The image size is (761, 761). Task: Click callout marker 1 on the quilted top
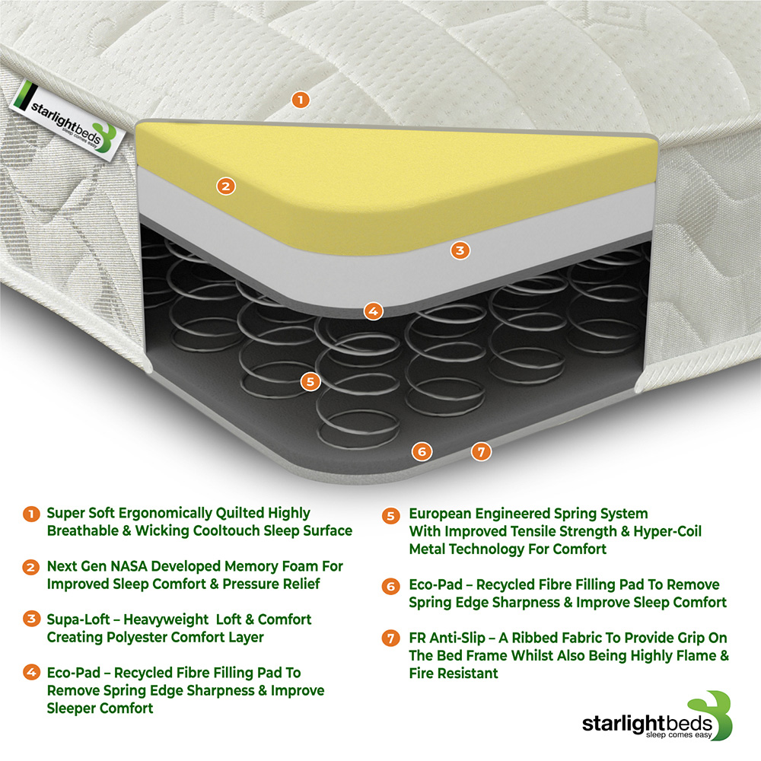[301, 100]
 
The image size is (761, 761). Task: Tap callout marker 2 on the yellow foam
[224, 185]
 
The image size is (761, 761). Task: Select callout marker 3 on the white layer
[459, 249]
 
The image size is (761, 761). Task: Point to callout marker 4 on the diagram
[372, 310]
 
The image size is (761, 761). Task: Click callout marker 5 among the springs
[309, 381]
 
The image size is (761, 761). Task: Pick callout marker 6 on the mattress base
[422, 451]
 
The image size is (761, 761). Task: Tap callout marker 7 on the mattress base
[479, 451]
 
